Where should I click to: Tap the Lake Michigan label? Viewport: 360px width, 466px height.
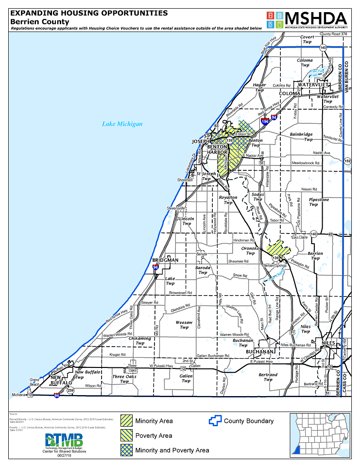[x=122, y=124]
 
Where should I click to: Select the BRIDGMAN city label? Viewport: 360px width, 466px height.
[x=165, y=260]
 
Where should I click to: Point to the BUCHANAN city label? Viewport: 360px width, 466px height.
[x=257, y=351]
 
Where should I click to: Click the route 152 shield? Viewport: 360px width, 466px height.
[x=347, y=161]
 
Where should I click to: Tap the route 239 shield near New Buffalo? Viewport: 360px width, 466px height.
[x=70, y=390]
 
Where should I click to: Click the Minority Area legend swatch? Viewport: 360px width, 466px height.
[x=126, y=421]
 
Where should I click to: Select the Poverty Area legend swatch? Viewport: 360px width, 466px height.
[x=126, y=435]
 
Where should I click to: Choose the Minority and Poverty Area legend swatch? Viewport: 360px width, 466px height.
[x=126, y=450]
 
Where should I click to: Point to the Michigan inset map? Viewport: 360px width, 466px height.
[x=320, y=435]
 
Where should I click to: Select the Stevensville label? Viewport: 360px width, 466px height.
[x=176, y=208]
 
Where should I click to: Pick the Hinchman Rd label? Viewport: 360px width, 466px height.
[x=244, y=240]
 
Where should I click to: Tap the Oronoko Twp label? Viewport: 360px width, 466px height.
[x=250, y=250]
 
